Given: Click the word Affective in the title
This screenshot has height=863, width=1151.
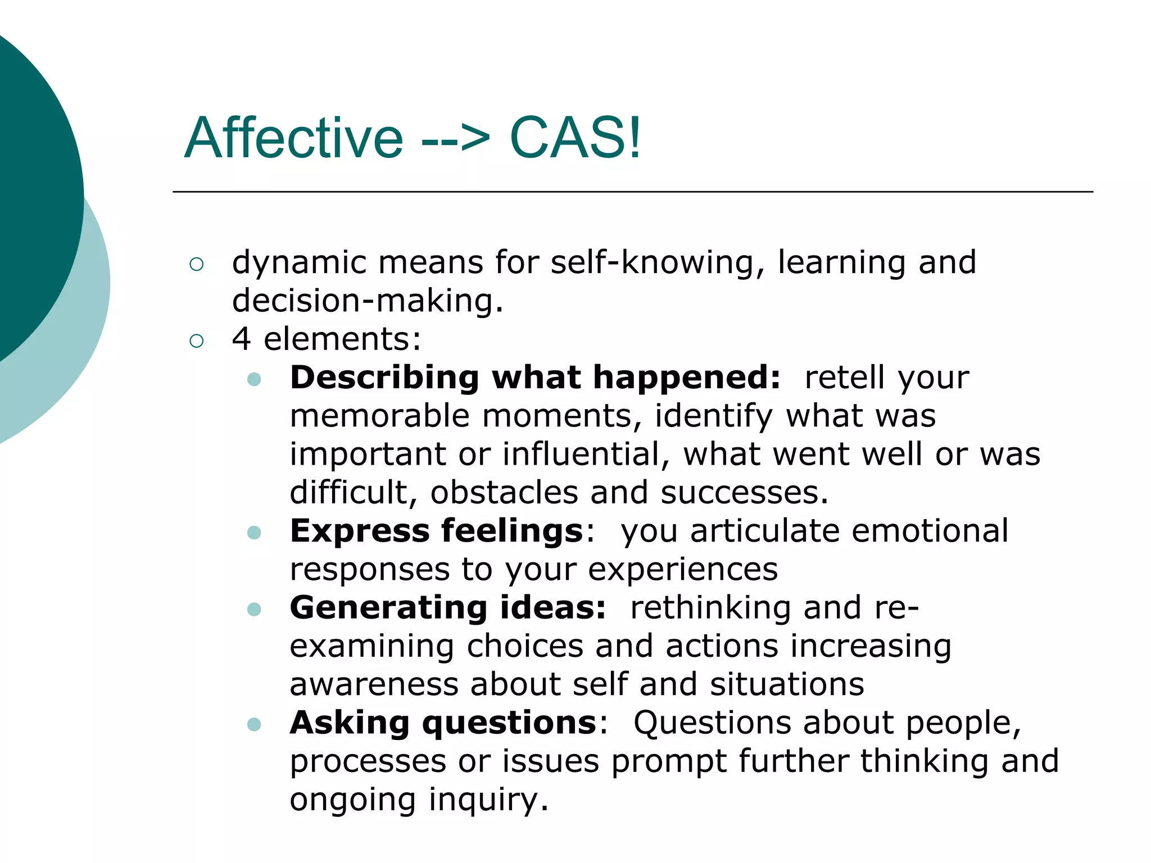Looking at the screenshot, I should click(x=293, y=138).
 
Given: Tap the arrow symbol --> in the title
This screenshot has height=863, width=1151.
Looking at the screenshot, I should click(x=455, y=139).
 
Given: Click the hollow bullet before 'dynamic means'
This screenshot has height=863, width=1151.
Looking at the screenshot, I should click(x=197, y=264).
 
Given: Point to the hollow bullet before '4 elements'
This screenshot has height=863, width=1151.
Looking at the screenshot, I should click(x=197, y=340).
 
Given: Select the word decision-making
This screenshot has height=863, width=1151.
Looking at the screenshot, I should click(x=368, y=301).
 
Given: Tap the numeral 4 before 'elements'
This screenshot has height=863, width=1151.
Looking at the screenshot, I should click(x=242, y=339).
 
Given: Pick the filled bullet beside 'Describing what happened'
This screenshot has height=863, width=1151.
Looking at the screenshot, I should click(x=254, y=379).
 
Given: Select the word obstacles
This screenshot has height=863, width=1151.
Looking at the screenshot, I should click(x=504, y=493).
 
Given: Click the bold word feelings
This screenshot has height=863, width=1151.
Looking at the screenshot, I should click(x=512, y=532).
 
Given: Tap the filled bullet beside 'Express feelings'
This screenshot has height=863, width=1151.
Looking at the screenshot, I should click(x=254, y=533).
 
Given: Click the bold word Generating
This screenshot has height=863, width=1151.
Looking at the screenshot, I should click(x=388, y=608).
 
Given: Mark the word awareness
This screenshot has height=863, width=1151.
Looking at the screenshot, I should click(x=373, y=684).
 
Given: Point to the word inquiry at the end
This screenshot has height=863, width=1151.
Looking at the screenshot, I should click(x=488, y=800).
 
